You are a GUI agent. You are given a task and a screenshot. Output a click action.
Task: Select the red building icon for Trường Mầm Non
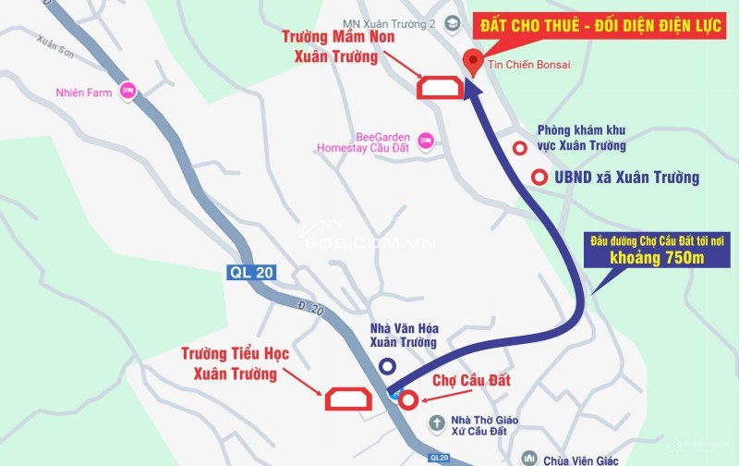pyautogui.click(x=441, y=87)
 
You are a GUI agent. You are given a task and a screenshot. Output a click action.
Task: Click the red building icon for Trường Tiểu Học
pyautogui.click(x=348, y=398)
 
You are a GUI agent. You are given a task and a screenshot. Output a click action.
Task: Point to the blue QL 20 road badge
pyautogui.click(x=252, y=273)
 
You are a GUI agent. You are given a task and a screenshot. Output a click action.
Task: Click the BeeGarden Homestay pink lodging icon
pyautogui.click(x=426, y=141)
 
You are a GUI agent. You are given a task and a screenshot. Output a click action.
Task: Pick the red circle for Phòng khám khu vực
pyautogui.click(x=521, y=147)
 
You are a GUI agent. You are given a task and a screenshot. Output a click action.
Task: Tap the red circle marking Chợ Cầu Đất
pyautogui.click(x=407, y=399)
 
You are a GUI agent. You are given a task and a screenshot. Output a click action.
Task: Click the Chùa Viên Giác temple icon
pyautogui.click(x=527, y=458)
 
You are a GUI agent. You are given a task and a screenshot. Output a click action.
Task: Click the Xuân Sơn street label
pyautogui.click(x=54, y=43)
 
